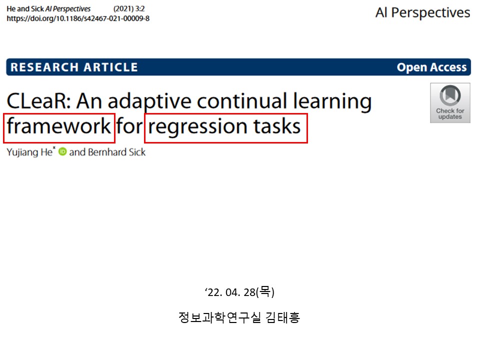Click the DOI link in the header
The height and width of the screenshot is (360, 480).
[x=78, y=18]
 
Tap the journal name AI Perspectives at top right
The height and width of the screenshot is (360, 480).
[x=423, y=13]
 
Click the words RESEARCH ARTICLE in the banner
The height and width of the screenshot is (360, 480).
[x=74, y=67]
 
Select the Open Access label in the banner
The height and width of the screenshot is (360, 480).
[x=431, y=67]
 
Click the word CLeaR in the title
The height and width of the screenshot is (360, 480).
[x=39, y=101]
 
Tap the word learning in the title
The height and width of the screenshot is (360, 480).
[x=332, y=101]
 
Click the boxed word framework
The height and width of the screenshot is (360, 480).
[x=58, y=126]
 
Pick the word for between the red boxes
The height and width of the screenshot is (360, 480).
[x=129, y=126]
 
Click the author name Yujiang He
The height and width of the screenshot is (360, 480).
[x=29, y=152]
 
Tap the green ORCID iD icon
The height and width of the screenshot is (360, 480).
[x=62, y=151]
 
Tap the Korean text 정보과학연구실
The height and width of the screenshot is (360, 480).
[x=219, y=317]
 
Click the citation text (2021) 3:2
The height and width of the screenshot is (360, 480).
[x=129, y=9]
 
